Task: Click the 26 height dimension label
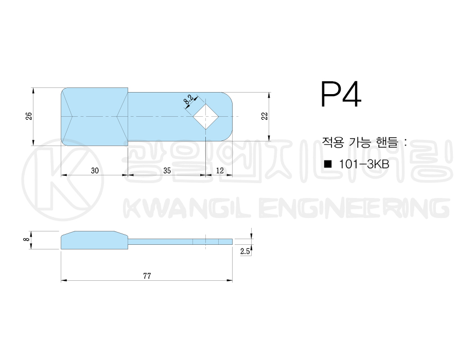coord(28,116)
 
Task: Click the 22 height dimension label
coord(265,116)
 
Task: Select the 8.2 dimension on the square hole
coord(188,100)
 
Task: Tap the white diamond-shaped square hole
coord(206,117)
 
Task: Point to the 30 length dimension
coord(95,171)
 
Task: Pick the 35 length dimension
coord(167,171)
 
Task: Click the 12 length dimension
coord(220,171)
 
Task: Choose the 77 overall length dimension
coord(147,276)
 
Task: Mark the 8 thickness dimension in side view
coord(27,239)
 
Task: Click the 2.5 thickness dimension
coord(245,251)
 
